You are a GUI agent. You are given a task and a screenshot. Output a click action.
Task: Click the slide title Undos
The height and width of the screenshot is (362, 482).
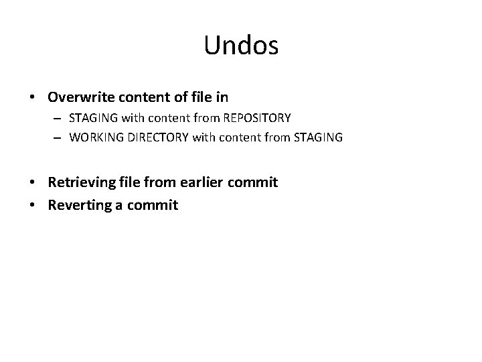241,45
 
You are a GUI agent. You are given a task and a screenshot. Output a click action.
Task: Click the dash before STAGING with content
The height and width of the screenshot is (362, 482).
59,119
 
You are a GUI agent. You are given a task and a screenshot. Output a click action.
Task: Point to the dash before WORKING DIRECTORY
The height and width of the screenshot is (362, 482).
59,137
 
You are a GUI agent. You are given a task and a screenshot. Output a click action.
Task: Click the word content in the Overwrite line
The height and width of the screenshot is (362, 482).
142,97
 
